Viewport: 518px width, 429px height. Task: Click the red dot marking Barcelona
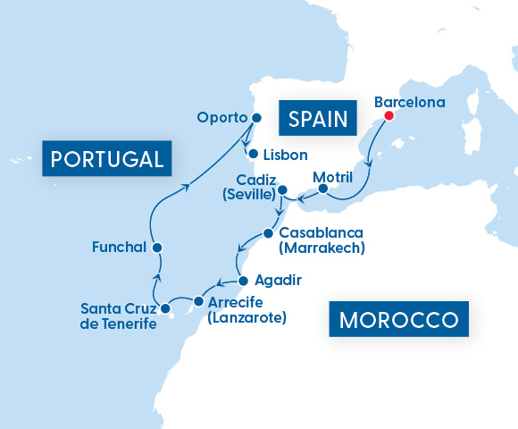388,115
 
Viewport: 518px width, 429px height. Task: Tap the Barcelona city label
409,102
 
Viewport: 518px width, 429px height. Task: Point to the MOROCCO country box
399,319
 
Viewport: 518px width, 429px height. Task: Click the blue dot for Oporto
256,117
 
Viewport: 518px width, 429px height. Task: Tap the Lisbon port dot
253,153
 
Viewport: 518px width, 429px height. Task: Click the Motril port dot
322,189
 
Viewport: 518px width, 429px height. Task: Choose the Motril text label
334,177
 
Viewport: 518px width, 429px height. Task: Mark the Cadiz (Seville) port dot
281,190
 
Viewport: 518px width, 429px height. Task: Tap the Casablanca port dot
268,234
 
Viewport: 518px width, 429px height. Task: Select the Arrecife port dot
197,302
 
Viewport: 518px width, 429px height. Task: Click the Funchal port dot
156,247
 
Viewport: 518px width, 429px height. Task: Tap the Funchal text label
119,246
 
